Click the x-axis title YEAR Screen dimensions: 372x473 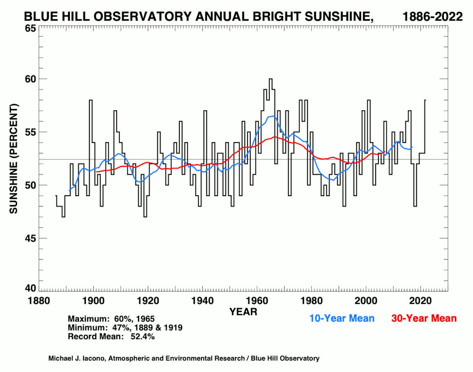pyautogui.click(x=243, y=312)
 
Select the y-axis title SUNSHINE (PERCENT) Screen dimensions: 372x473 pyautogui.click(x=14, y=159)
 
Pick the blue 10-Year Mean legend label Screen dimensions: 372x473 pyautogui.click(x=342, y=318)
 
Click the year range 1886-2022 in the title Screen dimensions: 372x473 pyautogui.click(x=432, y=17)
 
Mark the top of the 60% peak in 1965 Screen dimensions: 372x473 pyautogui.click(x=270, y=79)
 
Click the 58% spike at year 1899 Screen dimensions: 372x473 pyautogui.click(x=91, y=100)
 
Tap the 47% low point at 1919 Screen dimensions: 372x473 pyautogui.click(x=145, y=217)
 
